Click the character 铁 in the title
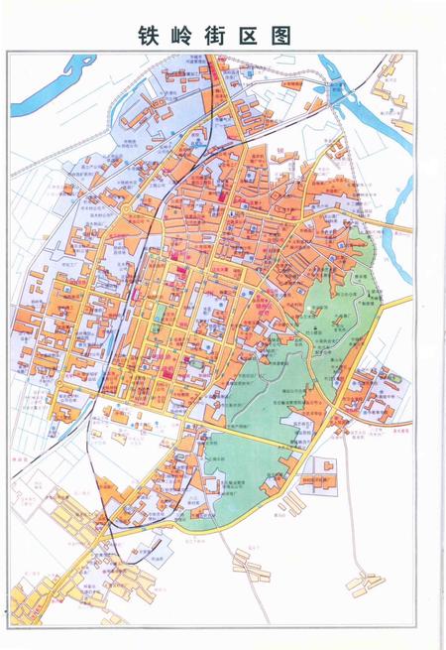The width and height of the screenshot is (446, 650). click(x=151, y=36)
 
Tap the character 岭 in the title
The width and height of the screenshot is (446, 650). click(x=186, y=36)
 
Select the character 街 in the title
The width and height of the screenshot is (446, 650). click(x=221, y=36)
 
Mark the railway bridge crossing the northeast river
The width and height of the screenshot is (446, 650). click(x=342, y=92)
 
